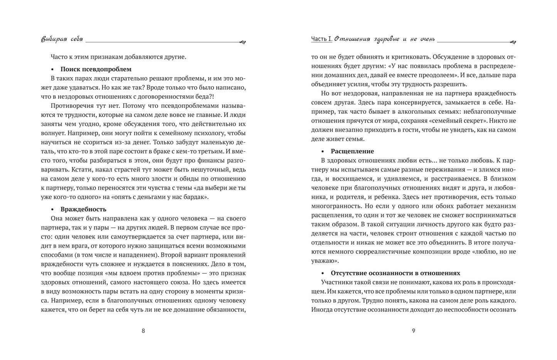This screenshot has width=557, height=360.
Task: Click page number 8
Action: [143, 330]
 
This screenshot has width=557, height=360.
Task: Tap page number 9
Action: [413, 330]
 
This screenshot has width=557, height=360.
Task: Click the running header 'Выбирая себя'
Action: [62, 39]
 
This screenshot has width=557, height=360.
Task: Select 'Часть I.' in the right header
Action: [321, 39]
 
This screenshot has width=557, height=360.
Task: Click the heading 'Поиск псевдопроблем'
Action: [96, 69]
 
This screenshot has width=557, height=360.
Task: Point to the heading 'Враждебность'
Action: [83, 209]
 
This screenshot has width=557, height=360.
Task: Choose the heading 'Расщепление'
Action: [352, 151]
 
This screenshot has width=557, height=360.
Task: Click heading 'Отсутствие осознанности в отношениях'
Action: [395, 273]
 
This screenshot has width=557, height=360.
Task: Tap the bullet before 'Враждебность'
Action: [52, 210]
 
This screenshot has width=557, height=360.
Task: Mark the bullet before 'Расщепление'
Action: [322, 151]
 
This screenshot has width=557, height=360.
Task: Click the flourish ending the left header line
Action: [242, 42]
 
